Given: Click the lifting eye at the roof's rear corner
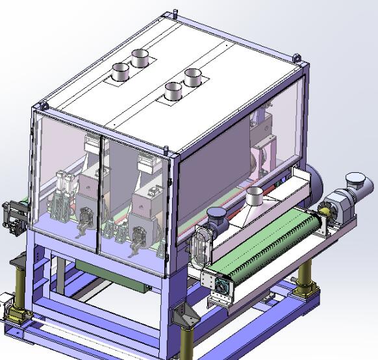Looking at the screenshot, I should point(175,13).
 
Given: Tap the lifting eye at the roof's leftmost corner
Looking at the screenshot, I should point(43,105).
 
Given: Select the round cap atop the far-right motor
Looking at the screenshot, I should point(355,179).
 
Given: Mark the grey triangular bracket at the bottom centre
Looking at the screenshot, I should point(185,316).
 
